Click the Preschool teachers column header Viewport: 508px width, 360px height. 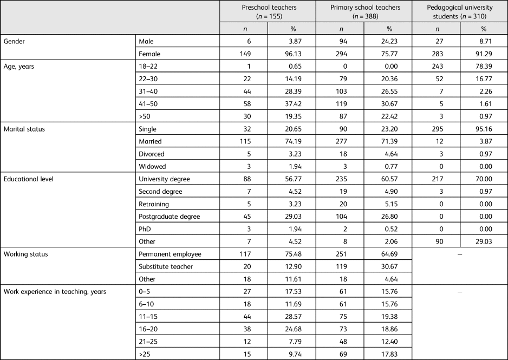(268, 11)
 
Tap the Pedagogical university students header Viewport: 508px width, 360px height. (460, 11)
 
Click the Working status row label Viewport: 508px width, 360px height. (24, 254)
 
